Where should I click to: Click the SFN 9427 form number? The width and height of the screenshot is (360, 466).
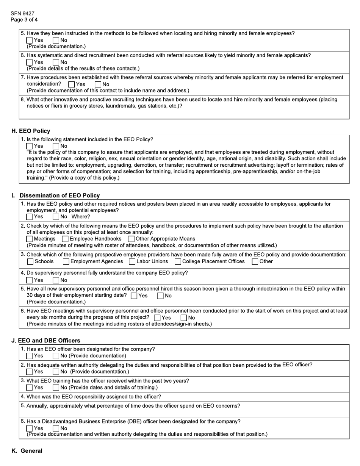tap(22, 13)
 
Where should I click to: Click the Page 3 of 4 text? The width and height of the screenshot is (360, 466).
tap(24, 20)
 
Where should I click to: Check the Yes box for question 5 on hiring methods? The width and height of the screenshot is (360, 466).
tap(30, 40)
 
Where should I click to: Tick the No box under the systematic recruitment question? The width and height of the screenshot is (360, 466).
tap(56, 62)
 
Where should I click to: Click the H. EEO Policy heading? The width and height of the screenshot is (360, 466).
tap(31, 131)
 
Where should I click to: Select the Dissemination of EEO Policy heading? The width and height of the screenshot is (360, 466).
tap(59, 195)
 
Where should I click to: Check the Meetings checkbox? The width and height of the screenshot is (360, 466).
tap(30, 239)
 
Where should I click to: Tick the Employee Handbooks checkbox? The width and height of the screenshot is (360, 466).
tap(65, 239)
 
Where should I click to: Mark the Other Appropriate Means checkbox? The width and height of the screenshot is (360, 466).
tap(131, 239)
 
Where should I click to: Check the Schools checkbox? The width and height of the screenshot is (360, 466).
tap(30, 261)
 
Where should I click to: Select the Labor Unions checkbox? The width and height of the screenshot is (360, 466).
tap(132, 261)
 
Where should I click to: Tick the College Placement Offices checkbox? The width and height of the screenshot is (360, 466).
tap(178, 261)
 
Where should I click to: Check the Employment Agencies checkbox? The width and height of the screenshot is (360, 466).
tap(66, 261)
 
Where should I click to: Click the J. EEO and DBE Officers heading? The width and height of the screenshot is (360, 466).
tap(46, 341)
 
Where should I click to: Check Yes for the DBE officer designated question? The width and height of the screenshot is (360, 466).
tap(30, 428)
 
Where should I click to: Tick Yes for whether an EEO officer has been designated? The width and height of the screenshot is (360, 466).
tap(30, 356)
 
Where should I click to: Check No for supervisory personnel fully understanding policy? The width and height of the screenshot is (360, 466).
tap(56, 280)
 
